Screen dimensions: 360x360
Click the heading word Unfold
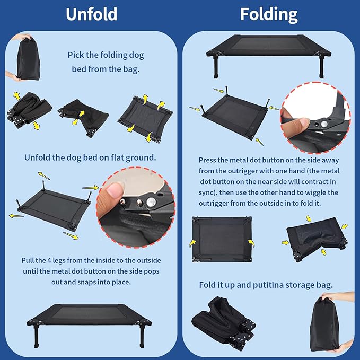point(91,14)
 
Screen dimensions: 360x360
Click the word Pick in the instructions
point(76,55)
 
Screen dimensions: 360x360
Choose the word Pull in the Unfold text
point(29,260)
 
